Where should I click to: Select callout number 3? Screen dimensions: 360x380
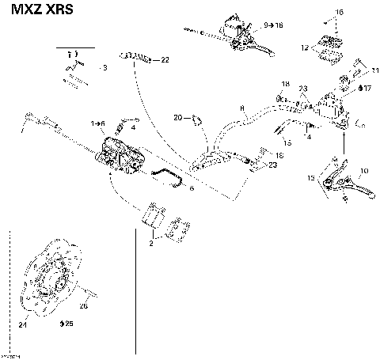[104, 69]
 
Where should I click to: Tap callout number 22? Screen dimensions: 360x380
[165, 60]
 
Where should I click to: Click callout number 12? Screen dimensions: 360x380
[304, 49]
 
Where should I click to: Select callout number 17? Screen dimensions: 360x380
[367, 89]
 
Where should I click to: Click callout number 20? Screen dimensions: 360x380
[178, 118]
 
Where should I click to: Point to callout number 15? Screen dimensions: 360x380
[287, 143]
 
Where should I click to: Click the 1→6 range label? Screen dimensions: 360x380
[97, 123]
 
